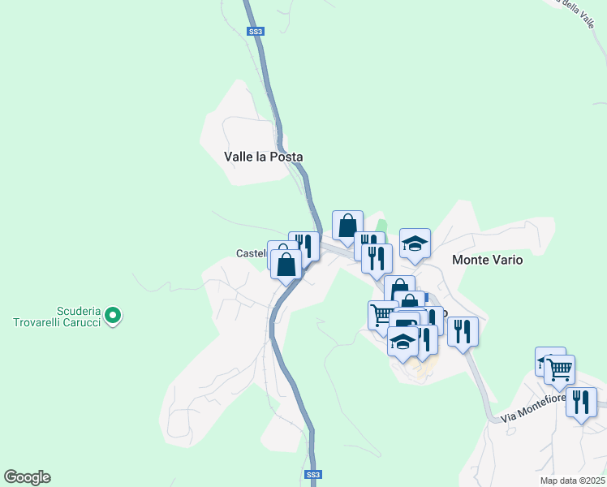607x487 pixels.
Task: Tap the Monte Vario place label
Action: point(487,261)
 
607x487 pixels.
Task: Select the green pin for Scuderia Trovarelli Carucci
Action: point(114,314)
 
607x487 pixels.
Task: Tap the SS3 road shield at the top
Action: point(256,31)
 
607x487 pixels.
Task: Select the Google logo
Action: point(27,477)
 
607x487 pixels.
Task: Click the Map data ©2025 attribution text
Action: point(573,480)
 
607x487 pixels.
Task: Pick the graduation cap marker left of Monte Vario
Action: point(415,244)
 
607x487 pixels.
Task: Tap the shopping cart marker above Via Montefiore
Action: point(560,370)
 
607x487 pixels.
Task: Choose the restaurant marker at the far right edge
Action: point(581,402)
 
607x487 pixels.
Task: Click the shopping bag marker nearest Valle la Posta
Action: point(347,226)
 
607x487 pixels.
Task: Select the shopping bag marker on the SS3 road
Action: point(286,264)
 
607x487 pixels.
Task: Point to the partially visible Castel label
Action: point(251,253)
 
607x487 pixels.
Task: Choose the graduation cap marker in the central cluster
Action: point(403,342)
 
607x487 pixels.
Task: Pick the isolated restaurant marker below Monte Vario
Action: point(463,331)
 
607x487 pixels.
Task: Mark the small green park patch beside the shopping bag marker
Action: point(382,226)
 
